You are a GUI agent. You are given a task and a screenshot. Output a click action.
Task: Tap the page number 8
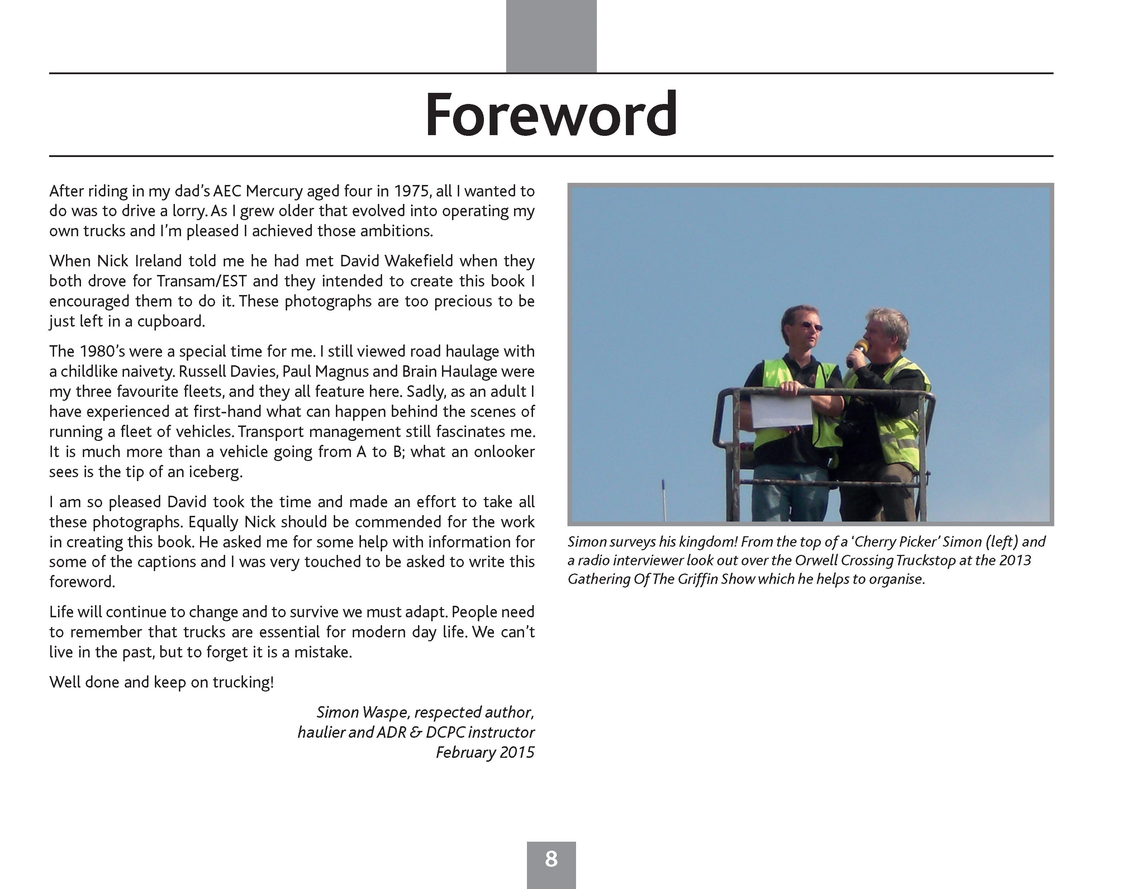point(551,859)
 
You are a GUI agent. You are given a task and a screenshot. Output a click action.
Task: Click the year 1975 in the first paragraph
point(412,191)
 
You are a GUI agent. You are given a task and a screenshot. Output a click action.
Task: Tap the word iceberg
point(215,472)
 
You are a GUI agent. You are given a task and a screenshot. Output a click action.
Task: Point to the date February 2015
point(485,753)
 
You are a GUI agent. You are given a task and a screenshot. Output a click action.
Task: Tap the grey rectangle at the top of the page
point(551,36)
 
